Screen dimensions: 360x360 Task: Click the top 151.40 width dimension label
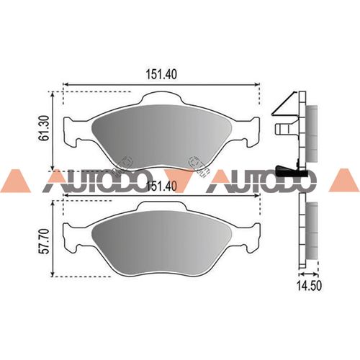161,74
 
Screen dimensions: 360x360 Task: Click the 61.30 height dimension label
45,128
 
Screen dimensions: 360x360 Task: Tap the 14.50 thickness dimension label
309,286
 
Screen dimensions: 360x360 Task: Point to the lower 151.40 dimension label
161,186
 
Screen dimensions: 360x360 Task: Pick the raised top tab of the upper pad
161,97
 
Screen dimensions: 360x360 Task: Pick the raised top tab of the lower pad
161,205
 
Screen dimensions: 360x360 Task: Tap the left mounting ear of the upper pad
72,132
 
